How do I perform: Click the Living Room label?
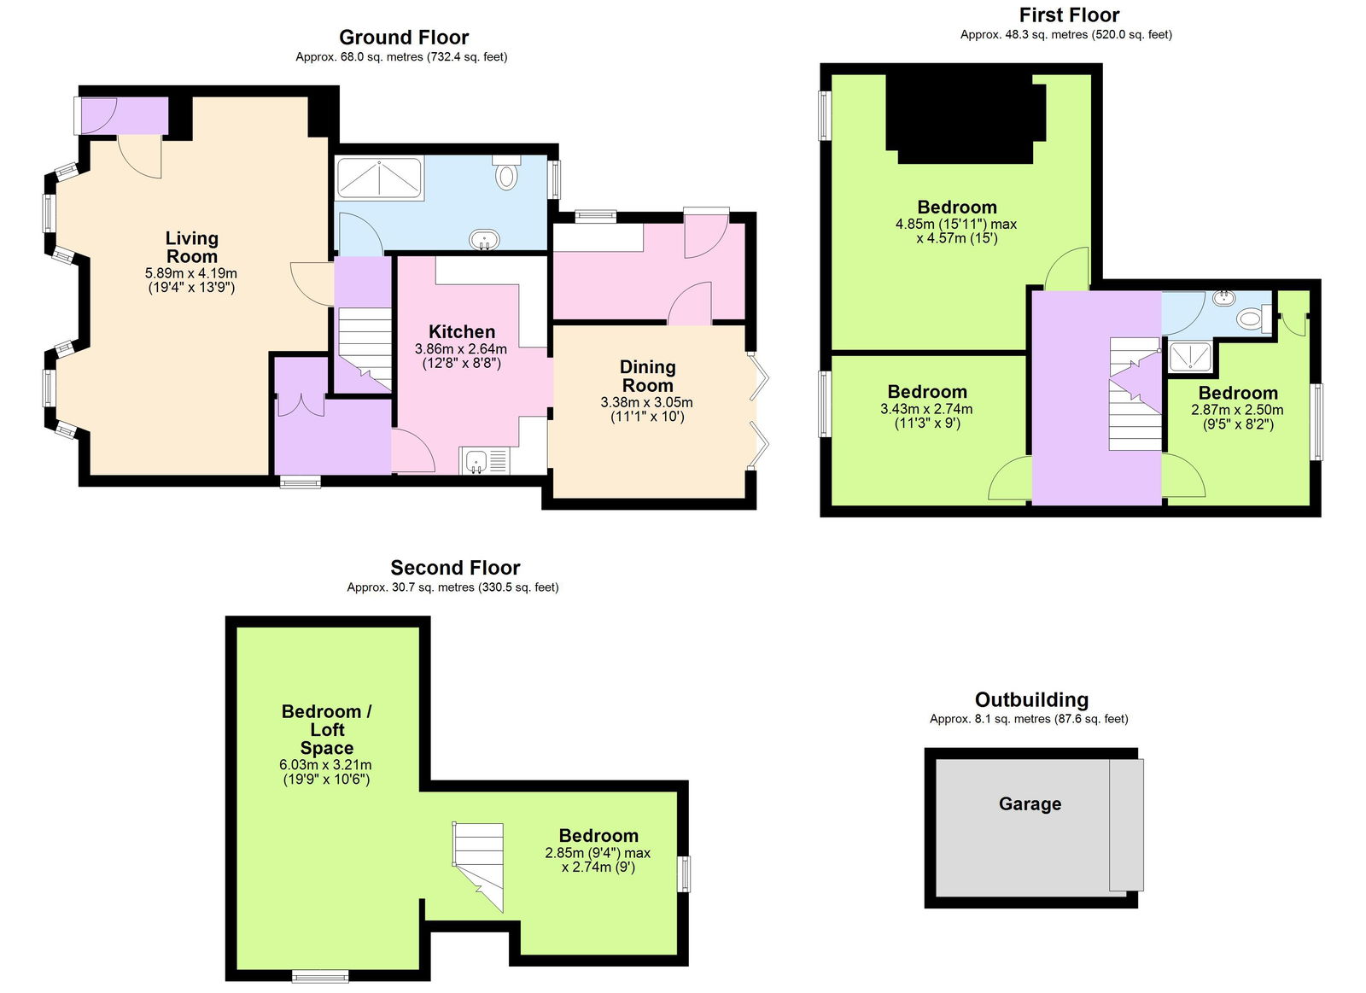click(191, 248)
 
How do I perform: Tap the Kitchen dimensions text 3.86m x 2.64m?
click(460, 349)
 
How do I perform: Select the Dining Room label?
click(647, 376)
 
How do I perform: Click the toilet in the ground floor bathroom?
click(506, 174)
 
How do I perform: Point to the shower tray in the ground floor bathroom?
click(379, 178)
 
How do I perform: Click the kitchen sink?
click(476, 462)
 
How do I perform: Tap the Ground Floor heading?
click(403, 38)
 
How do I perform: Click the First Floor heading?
click(1068, 15)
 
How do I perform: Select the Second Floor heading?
click(454, 568)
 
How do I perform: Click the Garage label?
click(1030, 803)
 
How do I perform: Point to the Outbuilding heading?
click(1030, 700)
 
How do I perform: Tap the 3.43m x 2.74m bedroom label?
click(926, 392)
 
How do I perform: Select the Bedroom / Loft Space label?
click(326, 729)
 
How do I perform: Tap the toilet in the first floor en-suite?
click(1252, 319)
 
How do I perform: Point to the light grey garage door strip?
click(1125, 825)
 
